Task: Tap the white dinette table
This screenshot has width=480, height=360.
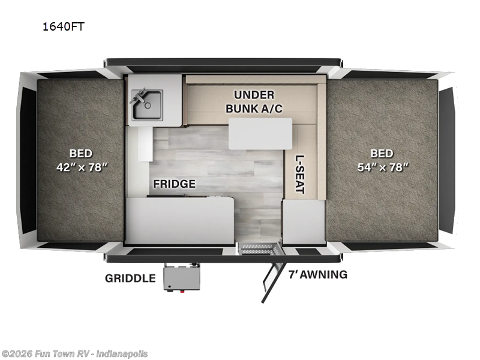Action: [260, 133]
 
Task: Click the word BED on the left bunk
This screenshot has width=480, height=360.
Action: [80, 154]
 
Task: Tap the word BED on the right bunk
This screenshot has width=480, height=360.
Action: [381, 154]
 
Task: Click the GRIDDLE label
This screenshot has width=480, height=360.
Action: [130, 278]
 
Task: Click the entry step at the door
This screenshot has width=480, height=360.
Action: [257, 248]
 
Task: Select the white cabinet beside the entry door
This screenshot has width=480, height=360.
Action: [304, 221]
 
